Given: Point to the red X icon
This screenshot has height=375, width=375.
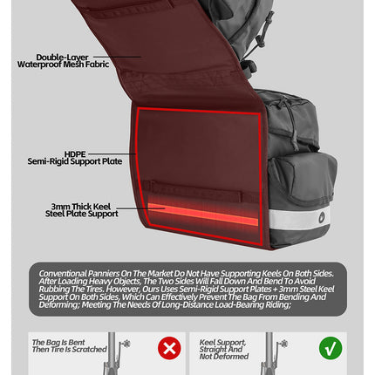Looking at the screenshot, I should click(x=168, y=349).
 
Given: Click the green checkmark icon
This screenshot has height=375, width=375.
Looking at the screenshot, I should click(x=331, y=349).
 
